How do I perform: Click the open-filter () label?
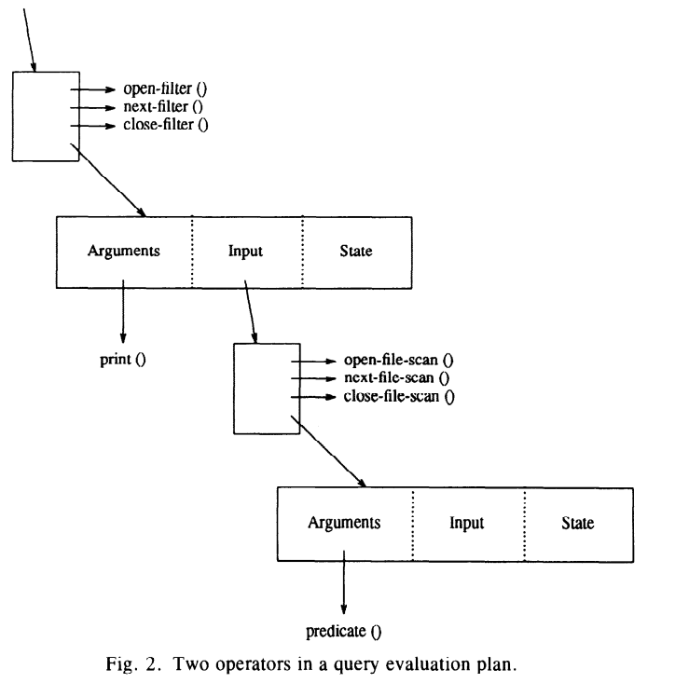point(165,89)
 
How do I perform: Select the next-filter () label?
point(163,107)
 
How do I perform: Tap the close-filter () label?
point(166,125)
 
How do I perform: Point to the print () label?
point(122,360)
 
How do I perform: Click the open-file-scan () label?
point(398,361)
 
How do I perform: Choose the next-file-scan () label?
point(396,378)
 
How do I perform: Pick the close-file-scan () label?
point(399,397)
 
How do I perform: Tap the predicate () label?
point(344,632)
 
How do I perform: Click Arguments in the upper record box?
point(124,252)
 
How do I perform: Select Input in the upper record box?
point(245,252)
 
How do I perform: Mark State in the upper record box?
point(356,251)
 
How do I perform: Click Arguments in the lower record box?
point(344,523)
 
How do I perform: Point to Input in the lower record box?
point(466,523)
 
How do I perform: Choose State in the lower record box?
point(577,523)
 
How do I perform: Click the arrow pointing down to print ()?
point(123,311)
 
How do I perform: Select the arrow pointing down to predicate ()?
point(344,582)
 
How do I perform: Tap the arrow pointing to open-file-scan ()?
point(313,362)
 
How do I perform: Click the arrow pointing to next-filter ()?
point(92,107)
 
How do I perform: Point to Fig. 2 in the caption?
point(131,663)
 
